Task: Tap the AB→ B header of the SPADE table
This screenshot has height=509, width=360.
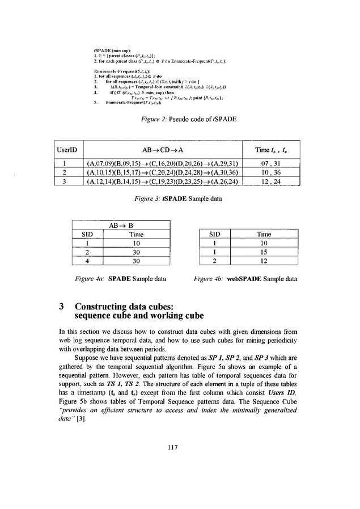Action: pos(118,224)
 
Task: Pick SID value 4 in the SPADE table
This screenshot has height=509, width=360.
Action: pos(88,261)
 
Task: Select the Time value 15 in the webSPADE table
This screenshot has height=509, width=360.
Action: pos(264,252)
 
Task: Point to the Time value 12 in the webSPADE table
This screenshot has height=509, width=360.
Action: pos(264,261)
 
